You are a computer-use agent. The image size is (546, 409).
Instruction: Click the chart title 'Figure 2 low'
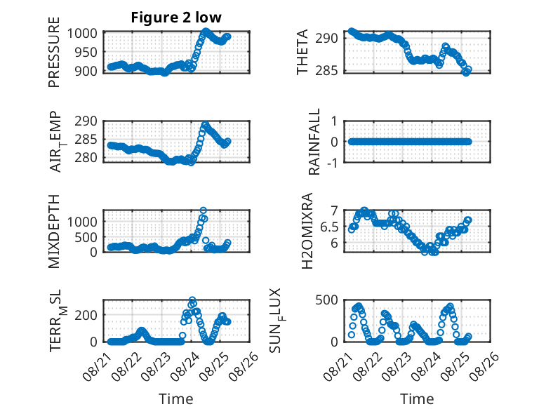click(176, 18)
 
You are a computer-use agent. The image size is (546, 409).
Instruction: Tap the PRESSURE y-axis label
click(54, 52)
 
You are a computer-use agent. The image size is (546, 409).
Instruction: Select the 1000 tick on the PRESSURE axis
click(82, 34)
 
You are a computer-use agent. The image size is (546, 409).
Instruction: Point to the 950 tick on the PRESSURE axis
click(86, 52)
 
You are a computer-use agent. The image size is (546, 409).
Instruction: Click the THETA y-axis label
click(302, 52)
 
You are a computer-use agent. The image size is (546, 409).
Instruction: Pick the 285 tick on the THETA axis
click(326, 71)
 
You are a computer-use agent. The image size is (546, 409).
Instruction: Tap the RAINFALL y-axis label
click(314, 142)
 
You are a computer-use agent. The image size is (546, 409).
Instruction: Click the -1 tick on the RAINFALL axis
click(332, 162)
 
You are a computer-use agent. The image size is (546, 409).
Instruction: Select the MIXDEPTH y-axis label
click(54, 232)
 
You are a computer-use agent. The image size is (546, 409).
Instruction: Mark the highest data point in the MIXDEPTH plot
click(204, 210)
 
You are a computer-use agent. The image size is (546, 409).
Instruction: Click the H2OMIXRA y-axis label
click(307, 231)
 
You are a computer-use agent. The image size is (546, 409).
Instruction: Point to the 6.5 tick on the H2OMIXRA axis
click(329, 227)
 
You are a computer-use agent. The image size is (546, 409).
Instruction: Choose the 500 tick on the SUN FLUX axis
click(326, 300)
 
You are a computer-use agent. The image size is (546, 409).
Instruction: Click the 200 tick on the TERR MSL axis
click(86, 315)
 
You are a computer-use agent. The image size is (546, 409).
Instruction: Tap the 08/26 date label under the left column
click(244, 366)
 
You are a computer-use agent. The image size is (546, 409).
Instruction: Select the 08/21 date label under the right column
click(338, 366)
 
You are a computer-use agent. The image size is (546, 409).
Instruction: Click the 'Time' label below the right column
click(417, 398)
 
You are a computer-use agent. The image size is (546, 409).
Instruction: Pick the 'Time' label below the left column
click(176, 398)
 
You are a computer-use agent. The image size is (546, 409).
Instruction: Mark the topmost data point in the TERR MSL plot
click(192, 300)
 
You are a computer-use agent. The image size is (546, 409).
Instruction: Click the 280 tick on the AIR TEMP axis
click(86, 157)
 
